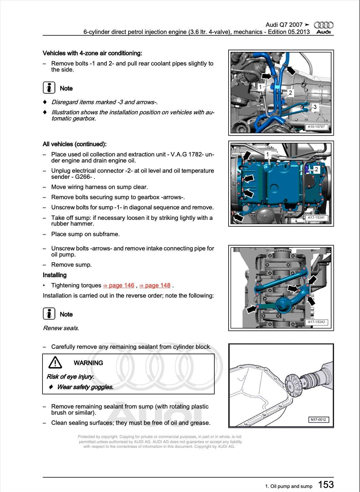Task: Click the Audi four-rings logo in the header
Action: click(x=323, y=25)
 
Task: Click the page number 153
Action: click(x=326, y=485)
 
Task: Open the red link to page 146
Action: click(x=119, y=285)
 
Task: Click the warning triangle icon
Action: click(x=55, y=363)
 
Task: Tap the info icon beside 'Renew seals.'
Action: click(x=49, y=314)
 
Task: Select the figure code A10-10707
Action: click(x=316, y=127)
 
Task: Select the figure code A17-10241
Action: click(x=316, y=218)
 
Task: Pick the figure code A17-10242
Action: click(x=316, y=322)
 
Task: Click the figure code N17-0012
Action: click(x=318, y=420)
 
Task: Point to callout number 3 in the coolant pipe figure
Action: click(x=315, y=107)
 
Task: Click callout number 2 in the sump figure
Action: click(x=316, y=169)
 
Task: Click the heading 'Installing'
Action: click(x=55, y=275)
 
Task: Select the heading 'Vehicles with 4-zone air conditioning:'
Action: click(x=92, y=53)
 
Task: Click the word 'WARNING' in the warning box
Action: click(x=88, y=363)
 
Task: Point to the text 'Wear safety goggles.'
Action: click(x=85, y=387)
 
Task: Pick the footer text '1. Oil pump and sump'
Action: click(x=289, y=486)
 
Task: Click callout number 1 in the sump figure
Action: click(x=268, y=154)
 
